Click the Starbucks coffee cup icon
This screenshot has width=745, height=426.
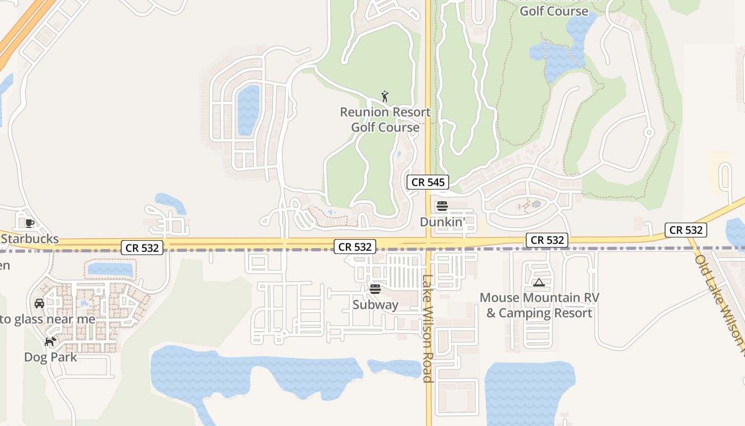30,223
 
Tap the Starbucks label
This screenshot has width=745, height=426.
30,239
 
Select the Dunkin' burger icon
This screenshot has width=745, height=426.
442,206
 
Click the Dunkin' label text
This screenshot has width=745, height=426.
442,222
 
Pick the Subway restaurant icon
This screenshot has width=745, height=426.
375,289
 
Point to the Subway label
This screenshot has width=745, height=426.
375,305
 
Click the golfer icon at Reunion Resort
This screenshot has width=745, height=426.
385,96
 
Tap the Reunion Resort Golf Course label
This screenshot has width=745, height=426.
385,120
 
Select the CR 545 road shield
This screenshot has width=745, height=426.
428,182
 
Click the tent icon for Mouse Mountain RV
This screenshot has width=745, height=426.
539,282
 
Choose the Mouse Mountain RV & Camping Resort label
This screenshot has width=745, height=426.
539,305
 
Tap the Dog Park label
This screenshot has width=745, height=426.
51,357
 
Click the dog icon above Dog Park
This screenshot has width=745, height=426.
51,341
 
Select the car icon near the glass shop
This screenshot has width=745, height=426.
39,304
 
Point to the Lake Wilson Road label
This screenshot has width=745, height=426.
428,328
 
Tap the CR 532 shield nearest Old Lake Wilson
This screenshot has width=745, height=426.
686,230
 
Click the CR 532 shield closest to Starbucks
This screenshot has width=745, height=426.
142,248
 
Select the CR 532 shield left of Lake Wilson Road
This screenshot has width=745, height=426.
355,247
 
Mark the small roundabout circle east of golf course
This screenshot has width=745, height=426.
649,132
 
